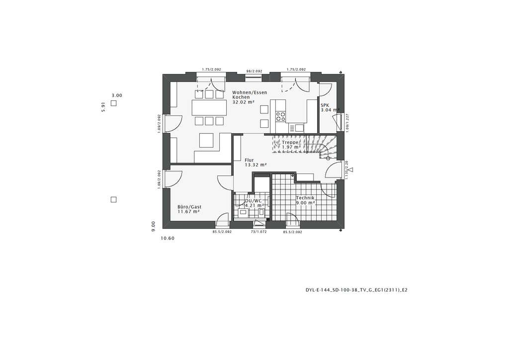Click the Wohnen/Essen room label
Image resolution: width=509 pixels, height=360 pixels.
tap(250, 92)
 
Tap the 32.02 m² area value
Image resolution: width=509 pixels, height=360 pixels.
tap(243, 102)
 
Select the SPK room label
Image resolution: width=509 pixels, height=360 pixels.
tap(325, 105)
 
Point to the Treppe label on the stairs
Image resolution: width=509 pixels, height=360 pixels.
tap(289, 142)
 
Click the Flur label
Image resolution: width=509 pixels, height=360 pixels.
tap(249, 160)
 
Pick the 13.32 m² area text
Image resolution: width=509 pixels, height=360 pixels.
tap(255, 165)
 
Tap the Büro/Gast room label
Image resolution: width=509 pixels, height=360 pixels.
tap(189, 207)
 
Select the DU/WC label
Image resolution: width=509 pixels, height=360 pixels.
tap(253, 201)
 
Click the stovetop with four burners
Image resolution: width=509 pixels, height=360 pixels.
tap(280, 117)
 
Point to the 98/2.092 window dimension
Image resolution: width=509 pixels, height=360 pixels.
tap(254, 71)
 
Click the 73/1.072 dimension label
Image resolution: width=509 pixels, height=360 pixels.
tap(258, 232)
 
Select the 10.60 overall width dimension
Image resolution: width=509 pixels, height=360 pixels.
tap(168, 238)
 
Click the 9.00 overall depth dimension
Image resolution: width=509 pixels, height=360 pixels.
tap(154, 226)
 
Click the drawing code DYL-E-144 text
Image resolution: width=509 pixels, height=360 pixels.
tap(356, 289)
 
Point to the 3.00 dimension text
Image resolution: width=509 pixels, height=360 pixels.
tap(117, 95)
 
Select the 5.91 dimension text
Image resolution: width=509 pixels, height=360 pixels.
tap(103, 107)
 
